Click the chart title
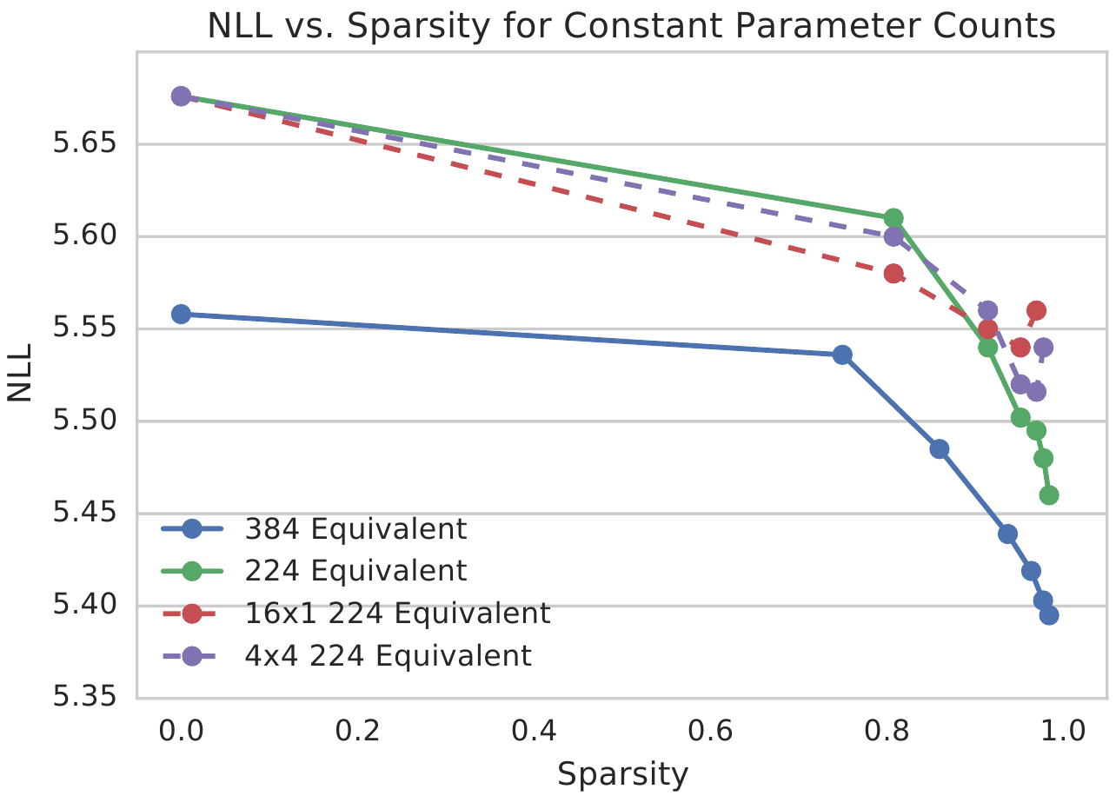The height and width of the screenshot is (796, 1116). [631, 26]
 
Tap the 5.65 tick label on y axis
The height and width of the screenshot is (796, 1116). [89, 143]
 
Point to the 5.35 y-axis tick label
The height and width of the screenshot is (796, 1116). [89, 698]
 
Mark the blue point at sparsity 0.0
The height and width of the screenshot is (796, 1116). [181, 314]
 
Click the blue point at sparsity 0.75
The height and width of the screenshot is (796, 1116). [841, 355]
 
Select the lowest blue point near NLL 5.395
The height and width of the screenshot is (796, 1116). [1049, 615]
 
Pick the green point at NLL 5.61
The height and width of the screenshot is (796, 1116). [893, 218]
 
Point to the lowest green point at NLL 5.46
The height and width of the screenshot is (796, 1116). [1049, 495]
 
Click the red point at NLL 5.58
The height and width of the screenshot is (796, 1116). [893, 274]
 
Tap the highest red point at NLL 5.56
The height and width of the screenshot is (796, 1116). [1036, 310]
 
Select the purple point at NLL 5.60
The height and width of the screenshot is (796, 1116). [893, 236]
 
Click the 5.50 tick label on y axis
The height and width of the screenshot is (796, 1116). [89, 421]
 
